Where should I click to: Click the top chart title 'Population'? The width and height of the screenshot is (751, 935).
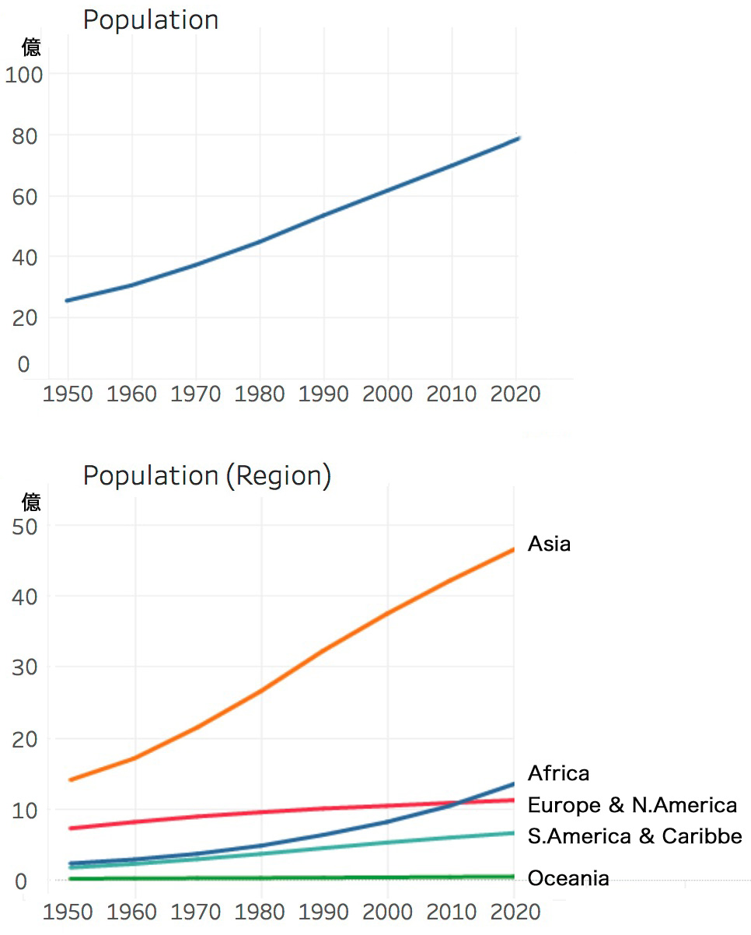click(151, 20)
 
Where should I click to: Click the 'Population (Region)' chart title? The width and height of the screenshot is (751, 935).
click(207, 475)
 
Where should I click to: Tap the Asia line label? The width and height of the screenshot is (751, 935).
click(549, 544)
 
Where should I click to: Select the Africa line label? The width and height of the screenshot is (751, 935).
click(558, 773)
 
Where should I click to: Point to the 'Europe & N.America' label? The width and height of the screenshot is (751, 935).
click(632, 805)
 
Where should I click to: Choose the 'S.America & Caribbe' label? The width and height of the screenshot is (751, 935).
click(634, 837)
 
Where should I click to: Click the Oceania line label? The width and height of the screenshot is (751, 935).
click(568, 879)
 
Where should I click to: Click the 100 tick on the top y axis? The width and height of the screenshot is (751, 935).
click(25, 75)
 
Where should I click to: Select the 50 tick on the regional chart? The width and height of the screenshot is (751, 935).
click(25, 526)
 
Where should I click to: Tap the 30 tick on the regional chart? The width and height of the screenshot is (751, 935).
click(25, 667)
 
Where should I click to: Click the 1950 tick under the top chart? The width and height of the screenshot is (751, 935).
click(68, 394)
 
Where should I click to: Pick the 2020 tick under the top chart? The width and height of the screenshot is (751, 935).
click(515, 394)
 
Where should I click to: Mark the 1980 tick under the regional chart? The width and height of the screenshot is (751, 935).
click(260, 911)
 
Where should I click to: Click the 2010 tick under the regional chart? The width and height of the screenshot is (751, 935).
click(452, 911)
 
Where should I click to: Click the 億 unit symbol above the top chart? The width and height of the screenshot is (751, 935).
click(31, 48)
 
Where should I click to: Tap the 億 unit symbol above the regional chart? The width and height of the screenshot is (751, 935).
click(31, 501)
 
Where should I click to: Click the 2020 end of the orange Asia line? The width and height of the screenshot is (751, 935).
click(513, 549)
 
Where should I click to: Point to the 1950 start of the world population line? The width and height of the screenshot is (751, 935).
click(68, 300)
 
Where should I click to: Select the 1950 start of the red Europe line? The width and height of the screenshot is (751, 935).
click(71, 828)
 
